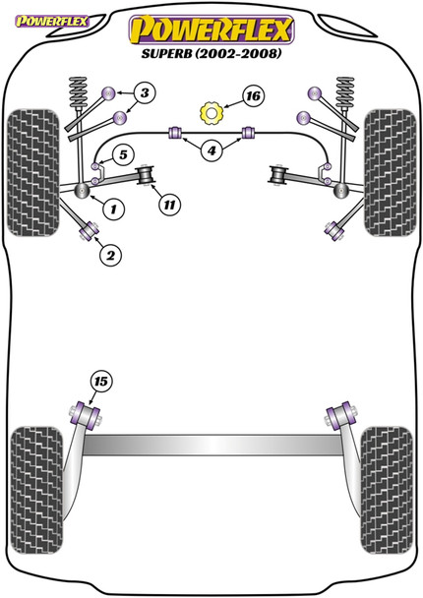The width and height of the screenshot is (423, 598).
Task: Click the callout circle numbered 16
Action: (253, 96)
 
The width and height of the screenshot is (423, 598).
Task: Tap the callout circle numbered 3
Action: (144, 94)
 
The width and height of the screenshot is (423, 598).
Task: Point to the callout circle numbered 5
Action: (123, 154)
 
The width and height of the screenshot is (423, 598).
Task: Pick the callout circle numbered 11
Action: (169, 205)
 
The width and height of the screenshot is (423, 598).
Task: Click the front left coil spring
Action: (77, 96)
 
